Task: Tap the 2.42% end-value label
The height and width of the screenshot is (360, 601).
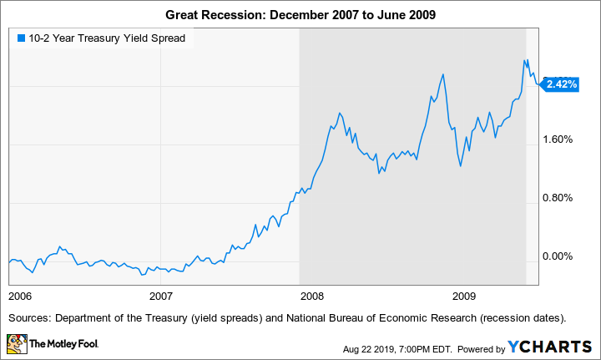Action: (x=560, y=84)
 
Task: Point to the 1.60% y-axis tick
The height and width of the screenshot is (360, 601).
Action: (x=558, y=139)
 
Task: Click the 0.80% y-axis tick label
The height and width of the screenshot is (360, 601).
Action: (x=558, y=198)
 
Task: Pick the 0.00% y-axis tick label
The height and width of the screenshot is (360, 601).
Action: (x=558, y=256)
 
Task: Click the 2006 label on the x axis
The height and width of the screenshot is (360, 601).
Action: (x=21, y=296)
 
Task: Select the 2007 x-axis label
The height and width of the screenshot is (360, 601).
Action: (x=160, y=296)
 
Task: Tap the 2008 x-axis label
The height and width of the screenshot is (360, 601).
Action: (x=311, y=296)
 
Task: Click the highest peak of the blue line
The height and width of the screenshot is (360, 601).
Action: (x=525, y=60)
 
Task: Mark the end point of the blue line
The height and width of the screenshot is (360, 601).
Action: (x=539, y=84)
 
